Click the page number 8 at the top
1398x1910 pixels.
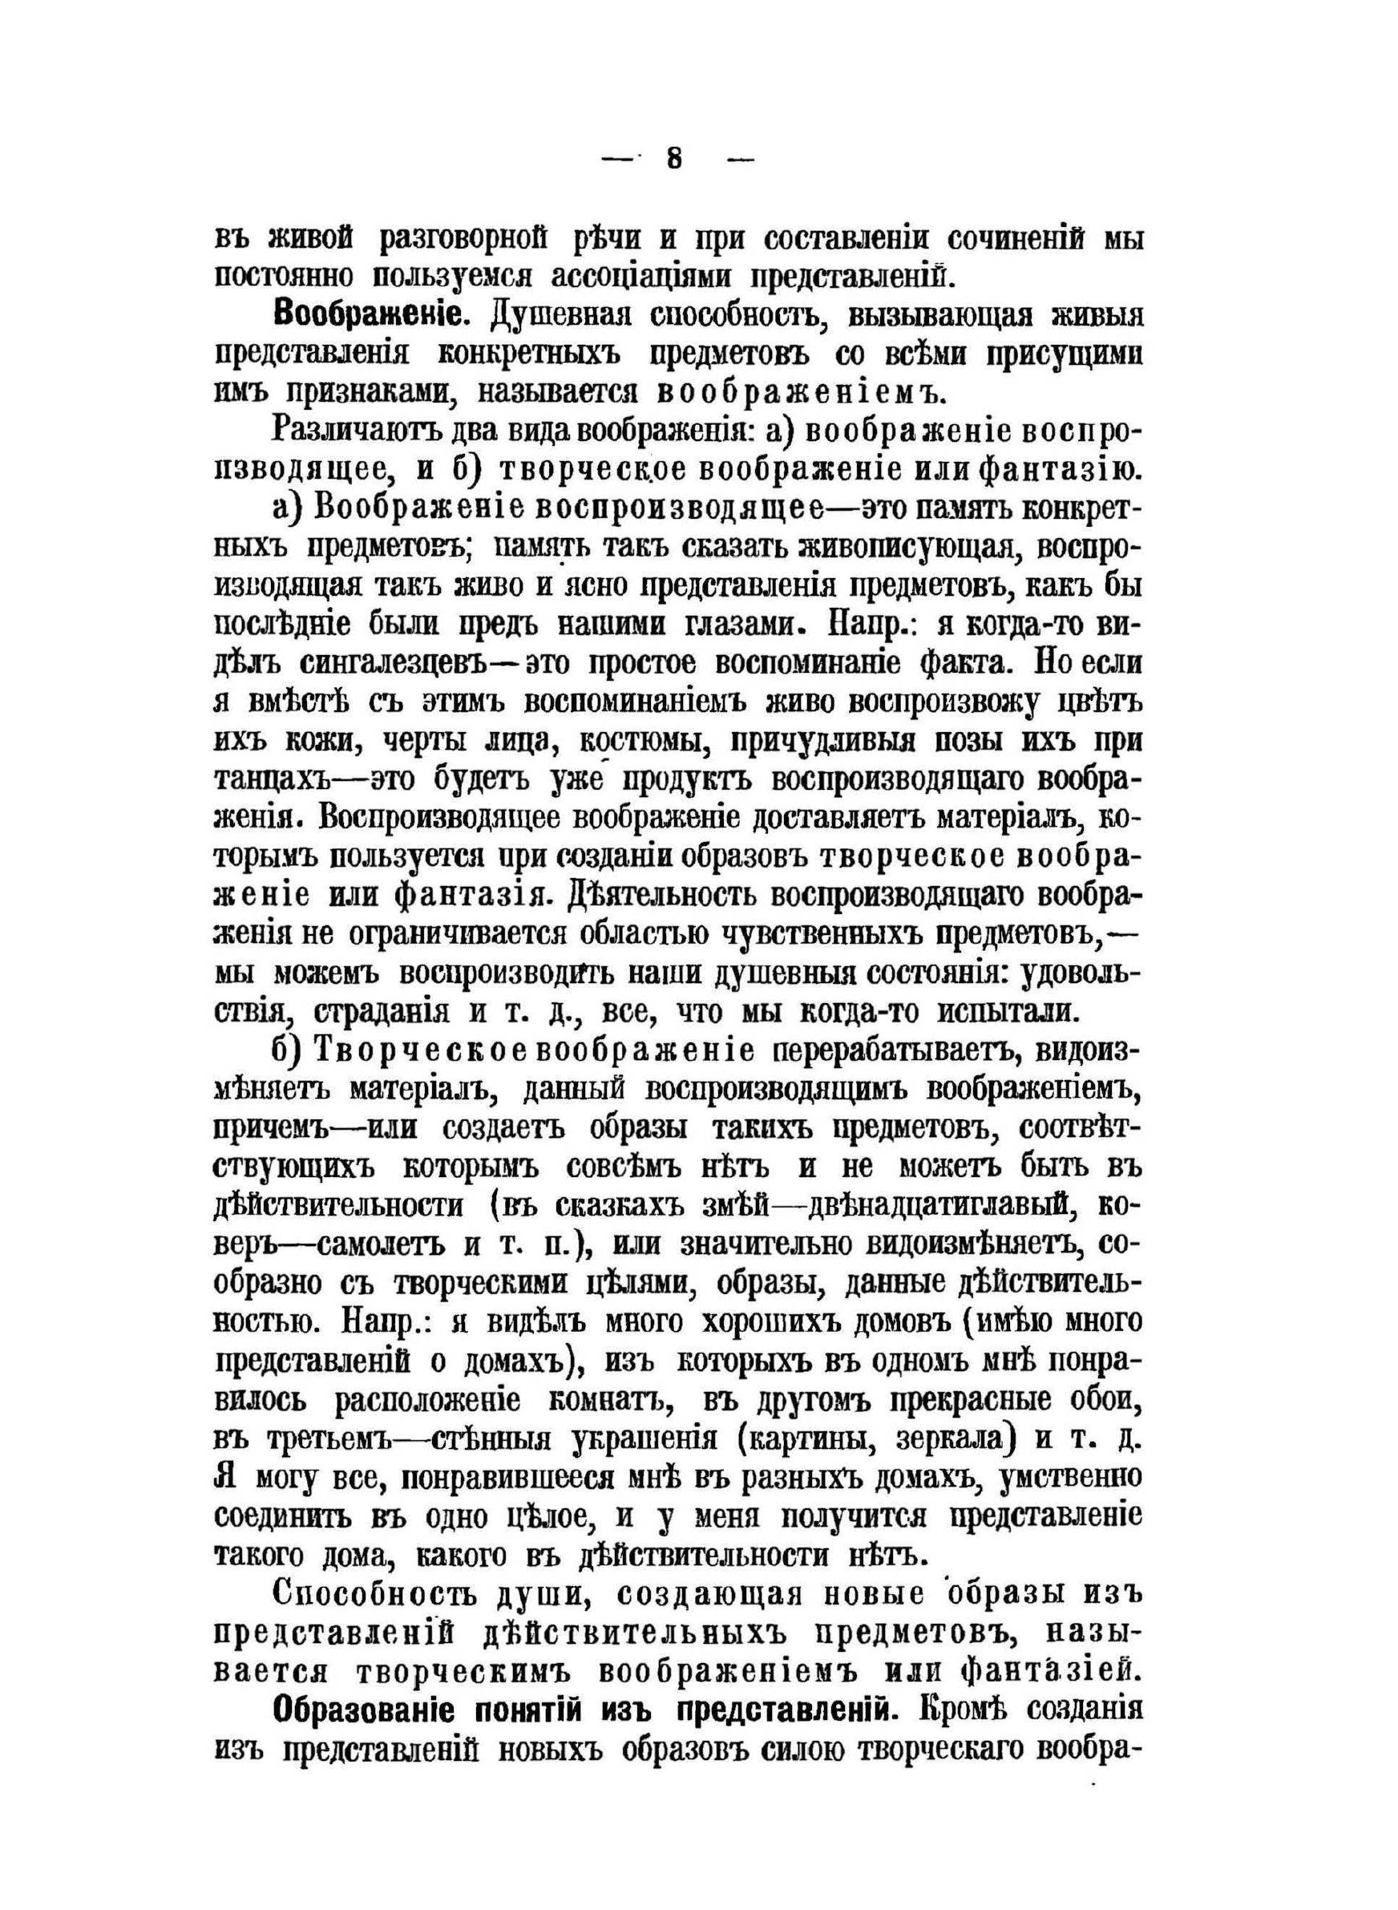click(674, 159)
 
